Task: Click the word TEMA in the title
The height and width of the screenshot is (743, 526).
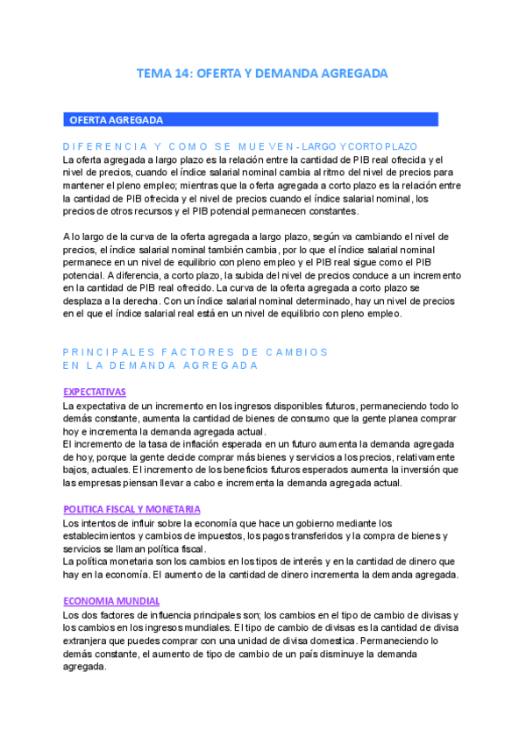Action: pos(154,74)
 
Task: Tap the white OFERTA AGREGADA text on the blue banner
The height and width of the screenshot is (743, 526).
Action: pos(117,120)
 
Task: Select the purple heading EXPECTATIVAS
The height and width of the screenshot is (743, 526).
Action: pos(95,392)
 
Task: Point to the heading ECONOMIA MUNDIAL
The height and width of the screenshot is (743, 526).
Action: pos(111,601)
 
